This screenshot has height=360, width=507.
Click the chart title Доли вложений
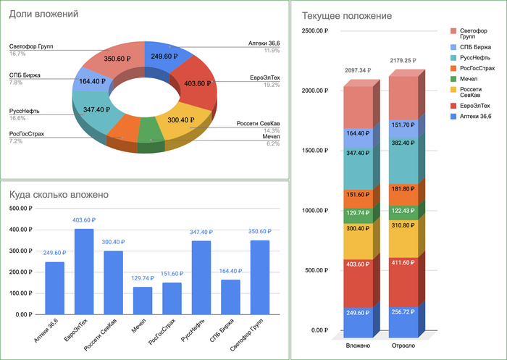coord(44,14)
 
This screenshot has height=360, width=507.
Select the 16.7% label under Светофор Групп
coord(18,54)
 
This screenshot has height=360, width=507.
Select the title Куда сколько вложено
coord(59,194)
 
